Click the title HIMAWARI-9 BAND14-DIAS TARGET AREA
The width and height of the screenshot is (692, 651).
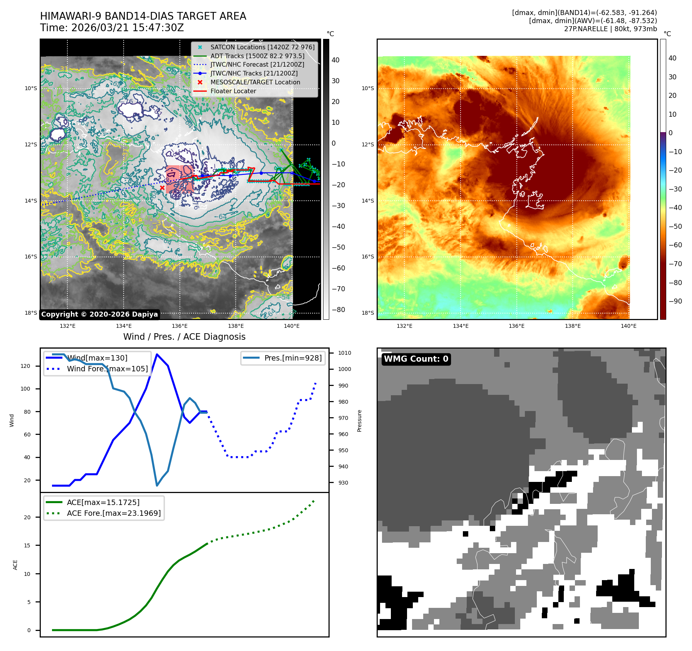coord(143,16)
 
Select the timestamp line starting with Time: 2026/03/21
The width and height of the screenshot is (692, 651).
coord(112,28)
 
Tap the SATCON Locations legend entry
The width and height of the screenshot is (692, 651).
coord(262,47)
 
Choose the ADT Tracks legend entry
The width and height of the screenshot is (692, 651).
coord(257,56)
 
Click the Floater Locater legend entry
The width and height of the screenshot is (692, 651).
coord(233,91)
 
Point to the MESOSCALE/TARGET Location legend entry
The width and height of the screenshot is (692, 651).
coord(255,82)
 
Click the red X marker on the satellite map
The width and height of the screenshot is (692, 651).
coord(162,188)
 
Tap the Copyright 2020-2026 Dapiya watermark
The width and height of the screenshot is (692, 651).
coord(99,314)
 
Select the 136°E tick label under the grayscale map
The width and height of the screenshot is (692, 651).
coord(179,326)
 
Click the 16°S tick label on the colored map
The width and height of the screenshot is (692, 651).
coord(367,257)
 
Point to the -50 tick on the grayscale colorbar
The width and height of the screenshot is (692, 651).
coord(338,247)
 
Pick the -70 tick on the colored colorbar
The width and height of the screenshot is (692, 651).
coord(675,264)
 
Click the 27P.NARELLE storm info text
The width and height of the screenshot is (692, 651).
coord(610,29)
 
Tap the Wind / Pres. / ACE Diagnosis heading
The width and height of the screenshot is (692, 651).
coord(184,337)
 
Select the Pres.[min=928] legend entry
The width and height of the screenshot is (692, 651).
coord(293,358)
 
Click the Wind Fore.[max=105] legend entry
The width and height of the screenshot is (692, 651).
coord(107,369)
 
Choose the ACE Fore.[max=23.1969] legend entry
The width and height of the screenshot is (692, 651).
coord(114,513)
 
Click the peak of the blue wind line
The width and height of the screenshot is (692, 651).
coord(157,354)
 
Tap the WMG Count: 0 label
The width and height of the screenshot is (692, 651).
coord(416,359)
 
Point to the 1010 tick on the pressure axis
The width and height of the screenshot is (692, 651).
coord(345,353)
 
